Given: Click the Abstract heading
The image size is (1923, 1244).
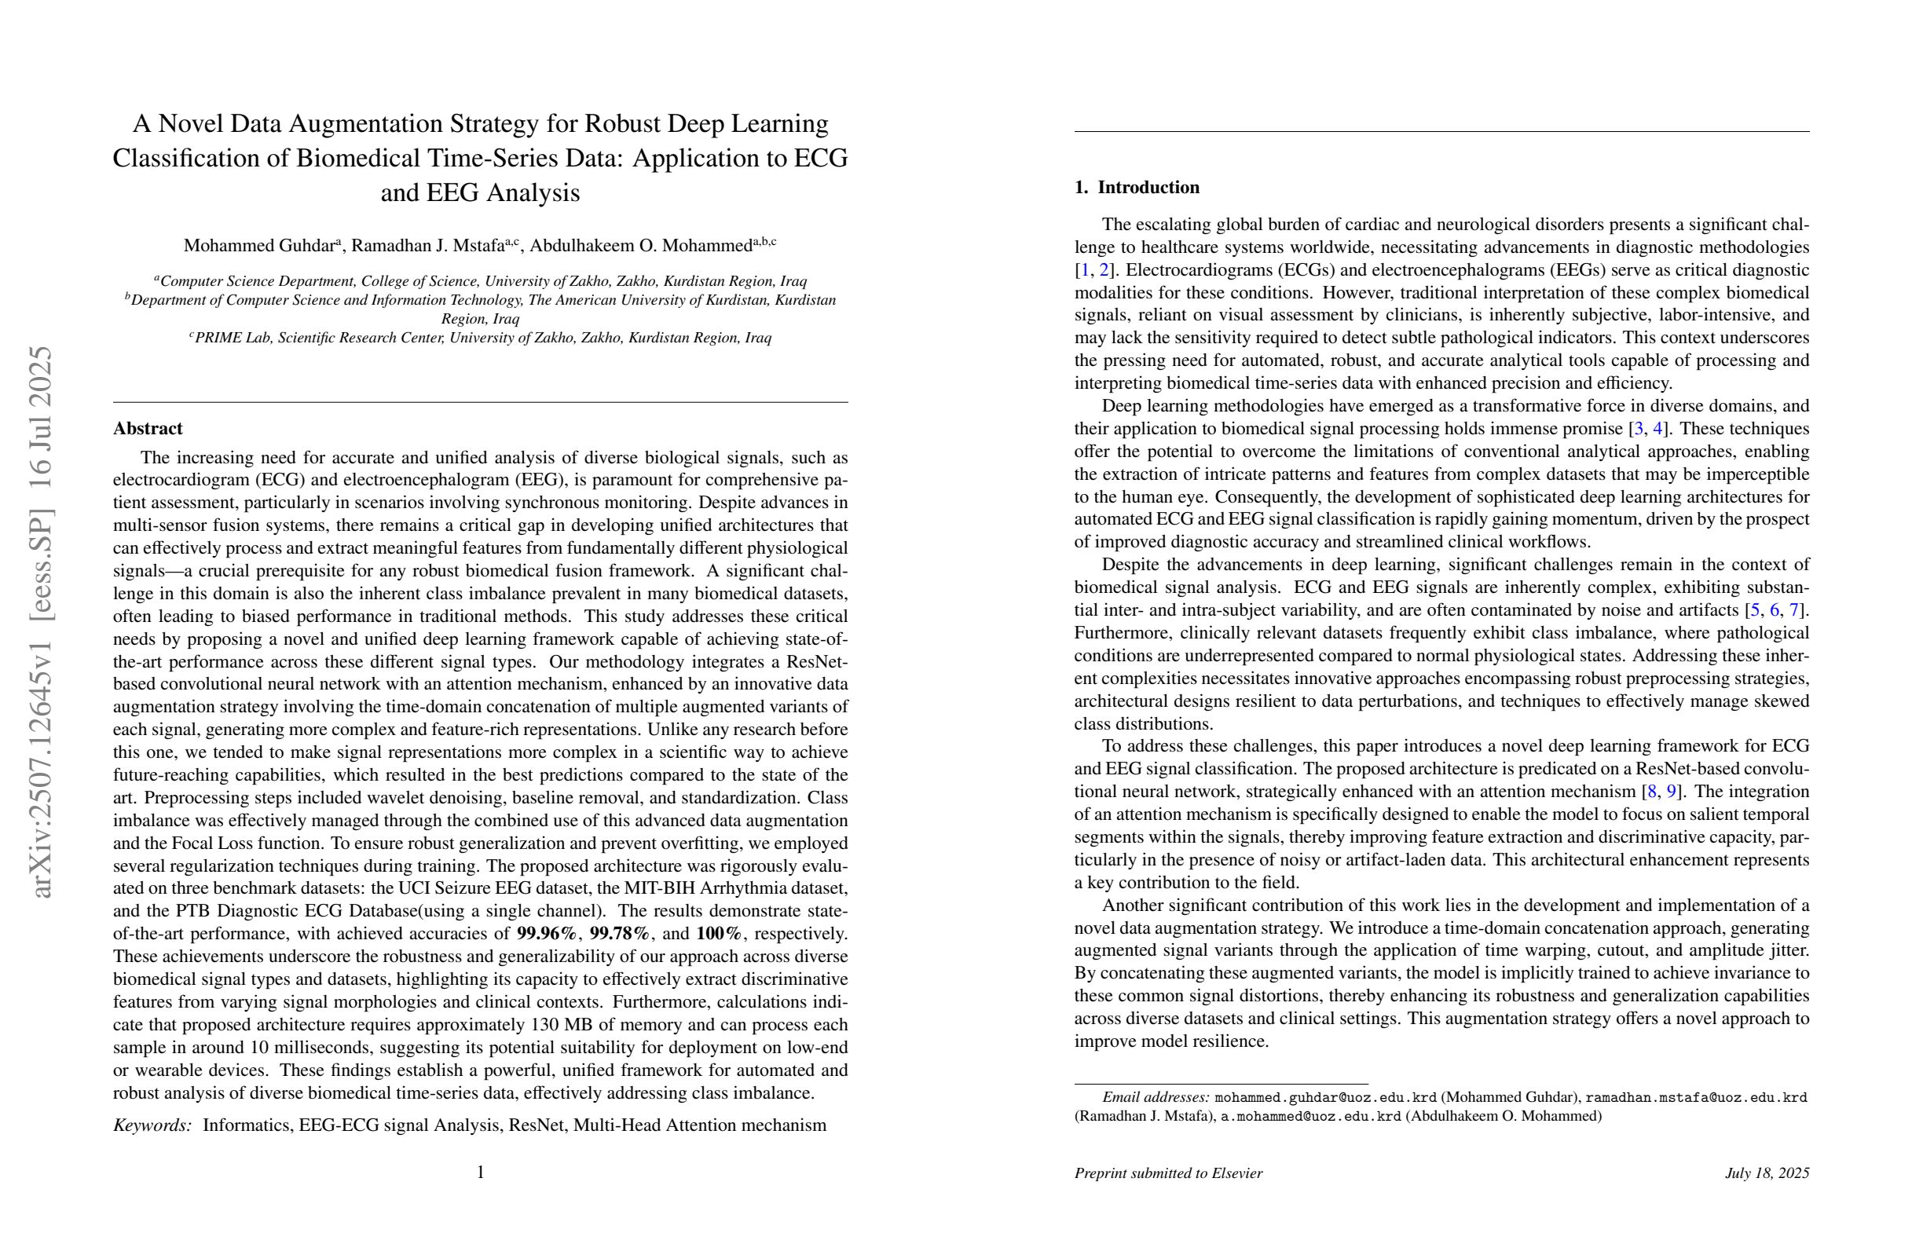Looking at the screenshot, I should pos(148,429).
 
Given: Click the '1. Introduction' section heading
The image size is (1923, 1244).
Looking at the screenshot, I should pos(1136,188).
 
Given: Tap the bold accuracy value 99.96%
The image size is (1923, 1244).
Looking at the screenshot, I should pos(547,934).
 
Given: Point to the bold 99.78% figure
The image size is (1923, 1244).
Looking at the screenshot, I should pos(620,934).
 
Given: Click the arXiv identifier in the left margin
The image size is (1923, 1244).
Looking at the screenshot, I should pos(40,622).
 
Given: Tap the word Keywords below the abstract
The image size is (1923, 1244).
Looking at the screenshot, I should pos(152,1125).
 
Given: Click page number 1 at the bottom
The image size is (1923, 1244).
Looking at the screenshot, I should pos(481,1172).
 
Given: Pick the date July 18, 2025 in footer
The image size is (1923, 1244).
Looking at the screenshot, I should pos(1766,1173).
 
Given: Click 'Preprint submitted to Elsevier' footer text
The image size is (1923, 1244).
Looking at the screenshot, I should pos(1167,1173).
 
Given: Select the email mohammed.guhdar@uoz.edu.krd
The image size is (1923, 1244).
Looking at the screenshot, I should pos(1325,1098).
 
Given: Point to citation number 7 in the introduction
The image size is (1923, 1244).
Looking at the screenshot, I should pos(1793,610).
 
